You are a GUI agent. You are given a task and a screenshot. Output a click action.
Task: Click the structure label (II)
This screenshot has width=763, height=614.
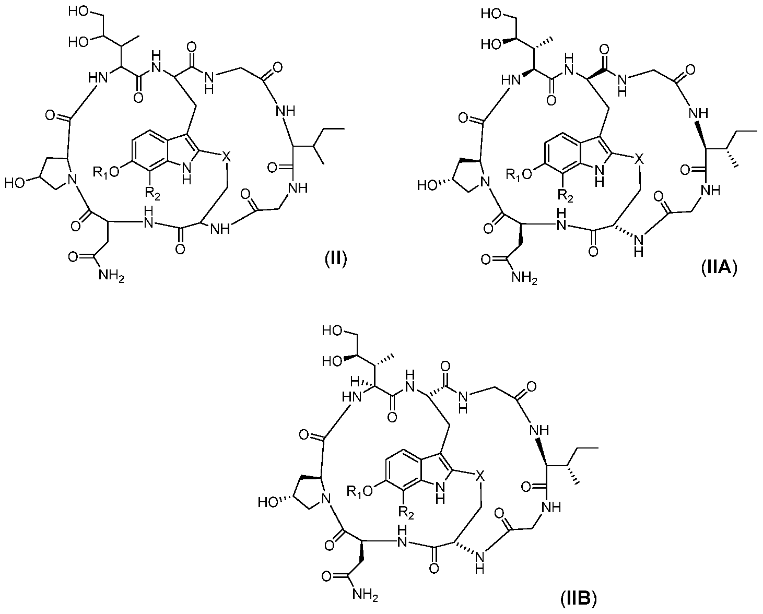click(335, 259)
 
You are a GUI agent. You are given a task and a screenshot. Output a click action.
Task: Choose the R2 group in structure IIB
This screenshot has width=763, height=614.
click(406, 513)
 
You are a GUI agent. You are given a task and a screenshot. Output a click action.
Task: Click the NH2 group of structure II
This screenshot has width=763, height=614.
click(111, 275)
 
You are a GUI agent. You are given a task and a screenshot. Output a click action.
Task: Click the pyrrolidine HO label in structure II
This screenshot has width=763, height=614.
click(15, 183)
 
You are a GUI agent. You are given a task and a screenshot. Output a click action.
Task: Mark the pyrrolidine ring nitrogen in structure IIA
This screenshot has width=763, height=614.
click(485, 183)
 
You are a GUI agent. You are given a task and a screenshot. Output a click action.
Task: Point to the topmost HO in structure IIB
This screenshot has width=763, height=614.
click(332, 330)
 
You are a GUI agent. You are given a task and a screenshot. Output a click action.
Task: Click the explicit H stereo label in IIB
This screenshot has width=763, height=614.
click(355, 382)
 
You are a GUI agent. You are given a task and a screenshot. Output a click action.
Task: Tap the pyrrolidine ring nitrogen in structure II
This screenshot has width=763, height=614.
click(73, 180)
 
